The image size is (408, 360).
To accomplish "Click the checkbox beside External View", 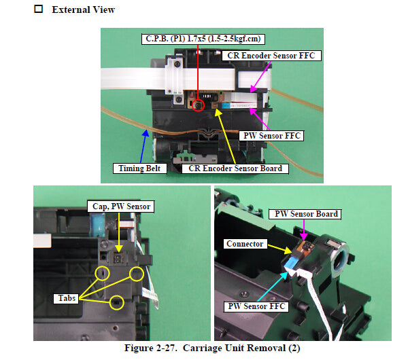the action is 39,9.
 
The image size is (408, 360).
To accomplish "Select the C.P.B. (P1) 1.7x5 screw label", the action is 203,39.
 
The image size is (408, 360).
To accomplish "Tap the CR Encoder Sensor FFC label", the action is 271,56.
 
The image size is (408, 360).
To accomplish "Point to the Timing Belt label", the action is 139,168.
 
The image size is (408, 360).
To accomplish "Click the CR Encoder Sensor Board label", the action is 235,168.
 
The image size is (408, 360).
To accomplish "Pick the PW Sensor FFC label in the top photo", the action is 272,136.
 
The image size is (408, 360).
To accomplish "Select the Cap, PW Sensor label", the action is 121,206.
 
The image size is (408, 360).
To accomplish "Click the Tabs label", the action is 67,298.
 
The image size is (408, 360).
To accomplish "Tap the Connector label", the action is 245,244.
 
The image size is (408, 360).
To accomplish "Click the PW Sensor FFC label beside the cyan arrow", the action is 256,306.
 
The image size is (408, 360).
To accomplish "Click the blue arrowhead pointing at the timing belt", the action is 146,133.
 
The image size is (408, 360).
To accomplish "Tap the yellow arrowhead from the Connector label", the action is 288,251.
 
